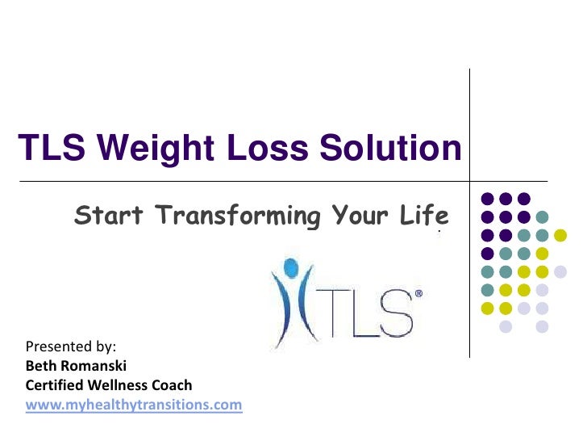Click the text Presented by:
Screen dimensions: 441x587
pos(72,347)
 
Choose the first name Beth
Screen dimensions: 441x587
pos(41,366)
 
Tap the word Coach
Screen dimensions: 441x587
pos(175,384)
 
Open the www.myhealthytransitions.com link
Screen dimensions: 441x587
pos(134,404)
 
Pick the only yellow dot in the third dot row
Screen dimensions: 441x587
pos(561,235)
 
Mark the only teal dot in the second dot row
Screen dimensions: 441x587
pos(543,216)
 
